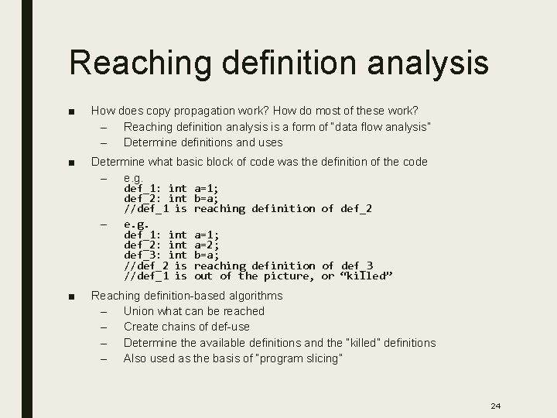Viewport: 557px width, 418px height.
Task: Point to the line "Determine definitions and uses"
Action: point(203,142)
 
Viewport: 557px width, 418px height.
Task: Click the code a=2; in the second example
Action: point(207,245)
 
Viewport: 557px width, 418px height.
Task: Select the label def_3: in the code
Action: point(143,255)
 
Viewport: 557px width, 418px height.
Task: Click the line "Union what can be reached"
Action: point(193,311)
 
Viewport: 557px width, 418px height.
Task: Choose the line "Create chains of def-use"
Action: point(187,327)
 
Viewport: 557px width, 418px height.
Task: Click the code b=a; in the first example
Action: point(207,198)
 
